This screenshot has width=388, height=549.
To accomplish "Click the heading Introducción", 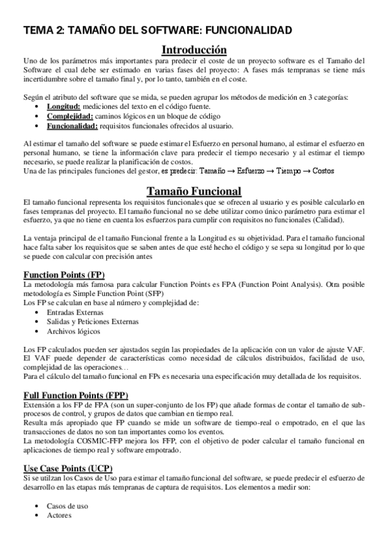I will [x=194, y=49].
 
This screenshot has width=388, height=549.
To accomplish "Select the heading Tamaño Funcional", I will [x=194, y=191].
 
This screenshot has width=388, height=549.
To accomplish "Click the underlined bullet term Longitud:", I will [x=63, y=107].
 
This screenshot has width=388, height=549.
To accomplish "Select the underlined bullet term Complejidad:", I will [x=71, y=116].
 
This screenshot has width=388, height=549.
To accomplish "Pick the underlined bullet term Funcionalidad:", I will [x=73, y=126].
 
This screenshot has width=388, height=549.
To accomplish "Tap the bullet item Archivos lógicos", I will [x=74, y=331].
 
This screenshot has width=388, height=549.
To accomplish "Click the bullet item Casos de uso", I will [x=68, y=506].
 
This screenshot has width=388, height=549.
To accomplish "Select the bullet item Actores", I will [x=60, y=515].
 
